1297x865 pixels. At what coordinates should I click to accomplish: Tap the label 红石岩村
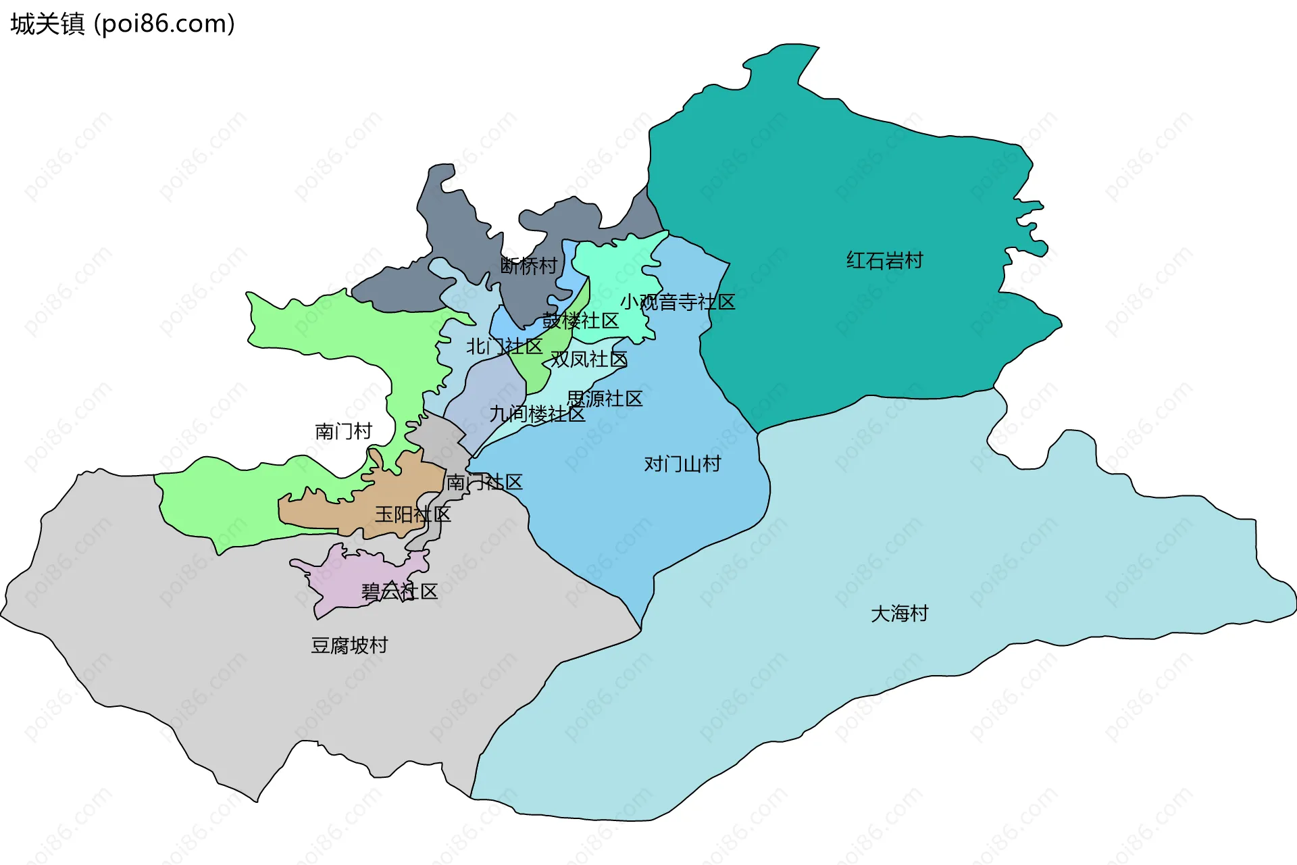[x=884, y=260]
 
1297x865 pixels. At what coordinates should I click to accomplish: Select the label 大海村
[x=899, y=614]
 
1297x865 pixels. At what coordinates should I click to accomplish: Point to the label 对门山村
[x=682, y=464]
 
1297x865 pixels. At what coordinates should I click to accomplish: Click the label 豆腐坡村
[x=349, y=645]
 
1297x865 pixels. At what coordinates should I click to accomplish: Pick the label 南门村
[x=343, y=431]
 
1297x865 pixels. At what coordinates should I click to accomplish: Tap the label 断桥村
[x=528, y=266]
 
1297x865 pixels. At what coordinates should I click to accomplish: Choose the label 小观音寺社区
[x=678, y=301]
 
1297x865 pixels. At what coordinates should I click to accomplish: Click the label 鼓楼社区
[x=580, y=320]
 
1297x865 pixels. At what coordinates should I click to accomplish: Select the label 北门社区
[x=504, y=347]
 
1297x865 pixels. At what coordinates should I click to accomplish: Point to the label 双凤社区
[x=588, y=359]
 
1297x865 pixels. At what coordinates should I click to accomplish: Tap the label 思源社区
[x=604, y=399]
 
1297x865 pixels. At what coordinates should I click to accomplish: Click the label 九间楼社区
[x=537, y=414]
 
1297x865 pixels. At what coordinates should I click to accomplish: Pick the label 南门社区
[x=484, y=482]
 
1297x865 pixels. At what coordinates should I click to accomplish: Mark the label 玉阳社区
[x=413, y=514]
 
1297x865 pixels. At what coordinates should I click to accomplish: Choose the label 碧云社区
[x=399, y=591]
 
